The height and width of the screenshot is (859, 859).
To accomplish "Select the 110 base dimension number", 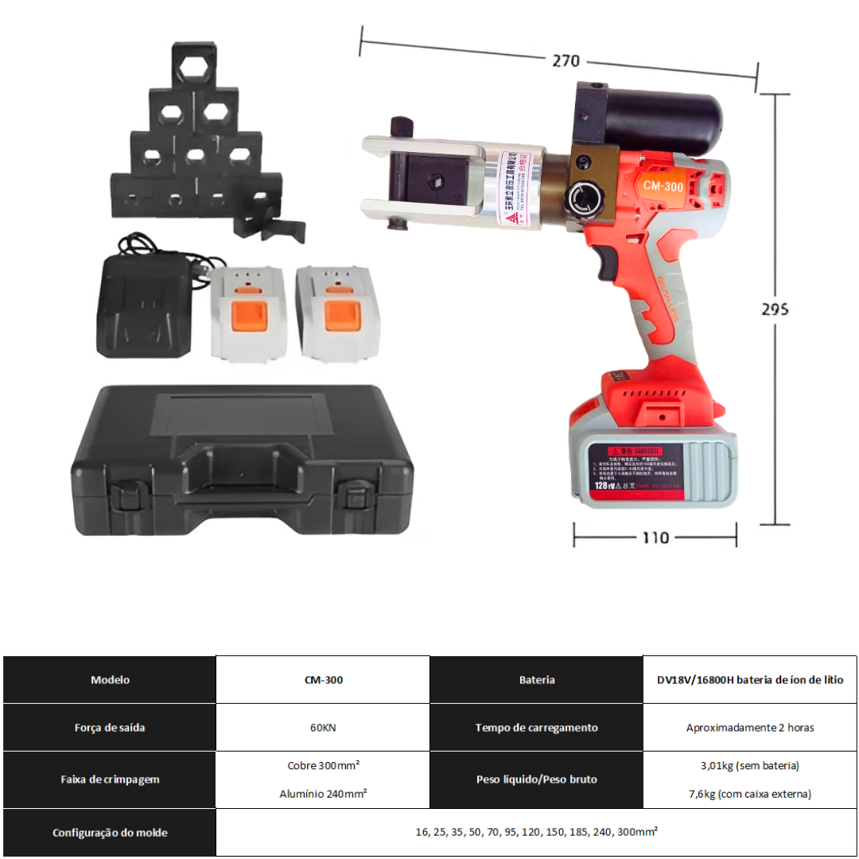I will coord(655,538).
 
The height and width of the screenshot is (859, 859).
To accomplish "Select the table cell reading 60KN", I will coord(323,728).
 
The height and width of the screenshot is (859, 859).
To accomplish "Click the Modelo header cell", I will coord(110,680).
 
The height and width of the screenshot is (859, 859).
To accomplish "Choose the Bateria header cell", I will coord(537,680).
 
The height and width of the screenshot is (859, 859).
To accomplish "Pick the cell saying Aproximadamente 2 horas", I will coord(750,728).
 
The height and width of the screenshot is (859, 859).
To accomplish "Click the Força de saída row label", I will coord(110,728).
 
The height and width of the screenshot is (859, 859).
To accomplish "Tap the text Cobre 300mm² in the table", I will coord(323,765).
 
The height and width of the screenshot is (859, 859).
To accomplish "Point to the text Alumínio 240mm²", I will coord(323,794).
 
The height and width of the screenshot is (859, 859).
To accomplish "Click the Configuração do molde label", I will coord(110,833).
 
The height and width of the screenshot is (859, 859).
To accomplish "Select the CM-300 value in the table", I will coord(323,680).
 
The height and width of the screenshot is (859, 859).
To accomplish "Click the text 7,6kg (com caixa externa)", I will coord(750,794).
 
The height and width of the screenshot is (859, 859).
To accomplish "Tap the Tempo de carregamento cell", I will coord(537,728).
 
